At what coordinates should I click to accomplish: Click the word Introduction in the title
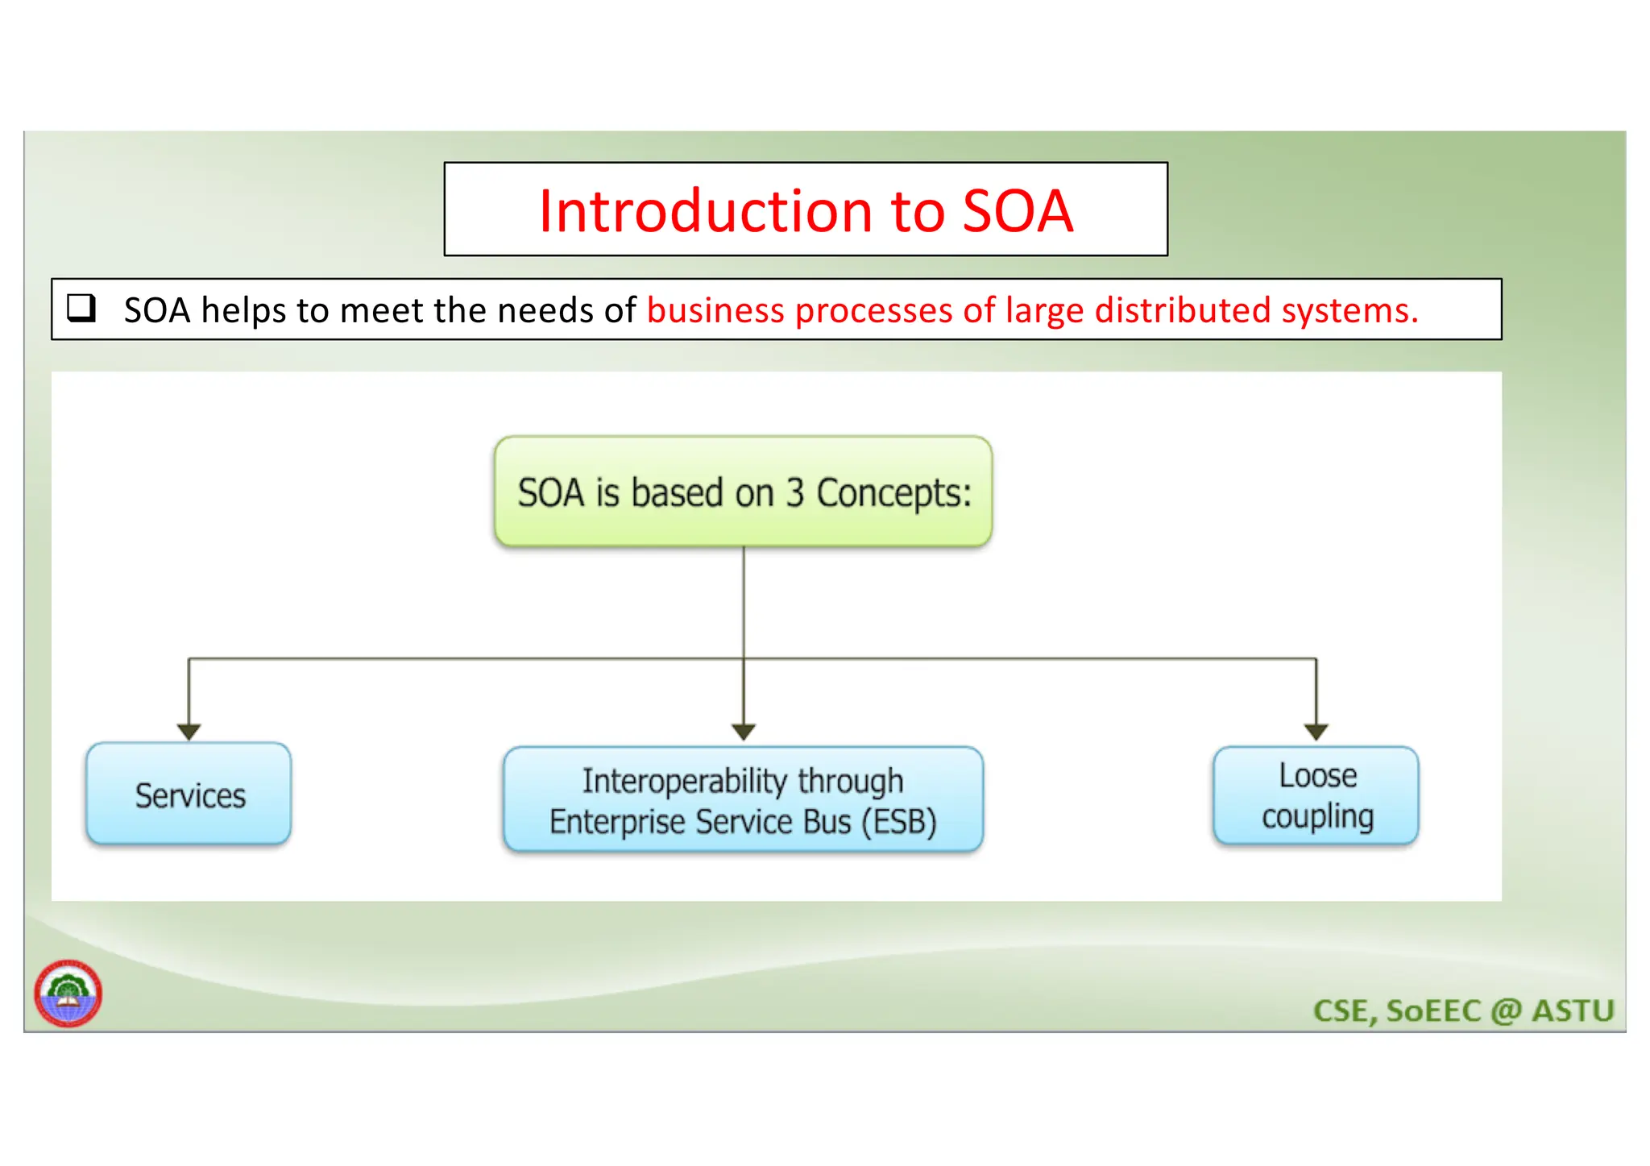(705, 211)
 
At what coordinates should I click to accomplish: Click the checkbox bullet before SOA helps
(81, 308)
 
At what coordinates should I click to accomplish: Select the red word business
(715, 310)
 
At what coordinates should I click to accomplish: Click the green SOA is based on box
(743, 492)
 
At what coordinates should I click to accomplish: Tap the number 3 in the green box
(794, 492)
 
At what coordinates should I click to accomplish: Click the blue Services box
(189, 795)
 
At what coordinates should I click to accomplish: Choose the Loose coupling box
(1316, 796)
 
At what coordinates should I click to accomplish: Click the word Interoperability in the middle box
(684, 780)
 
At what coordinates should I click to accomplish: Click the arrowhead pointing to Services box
(189, 732)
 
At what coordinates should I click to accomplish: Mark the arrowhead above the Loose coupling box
(1316, 732)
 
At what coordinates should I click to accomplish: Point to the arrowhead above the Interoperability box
(743, 732)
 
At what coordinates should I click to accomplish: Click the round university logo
(68, 994)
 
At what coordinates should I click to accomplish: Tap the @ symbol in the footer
(1505, 1010)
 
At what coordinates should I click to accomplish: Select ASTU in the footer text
(1572, 1010)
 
